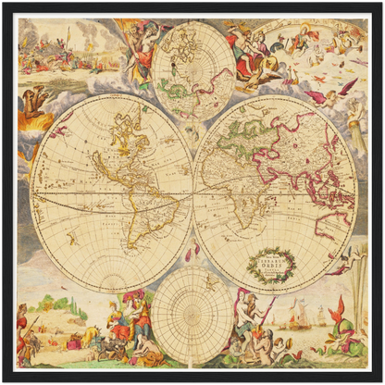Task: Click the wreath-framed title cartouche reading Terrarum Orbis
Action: tap(270, 265)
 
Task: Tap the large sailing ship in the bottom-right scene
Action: tap(294, 316)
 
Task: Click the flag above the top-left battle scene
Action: tap(67, 34)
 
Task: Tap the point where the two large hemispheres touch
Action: tap(192, 191)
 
